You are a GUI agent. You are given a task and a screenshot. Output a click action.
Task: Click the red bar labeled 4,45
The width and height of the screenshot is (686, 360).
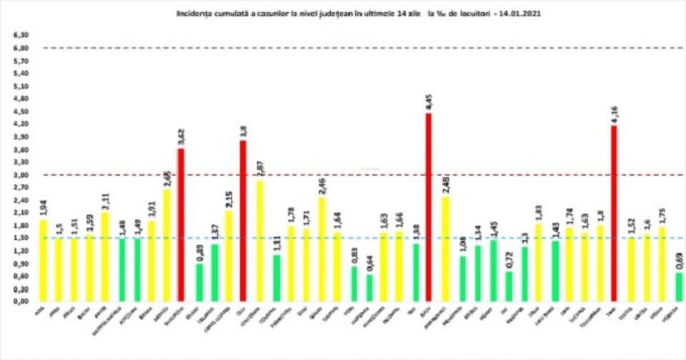coord(429,207)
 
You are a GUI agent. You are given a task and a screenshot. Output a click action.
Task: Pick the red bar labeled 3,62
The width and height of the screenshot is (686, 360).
coord(181,224)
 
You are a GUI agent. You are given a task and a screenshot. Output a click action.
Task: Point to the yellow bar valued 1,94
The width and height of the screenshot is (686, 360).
coord(42,260)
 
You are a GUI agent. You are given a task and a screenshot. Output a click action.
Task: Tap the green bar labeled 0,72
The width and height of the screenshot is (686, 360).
coord(508,286)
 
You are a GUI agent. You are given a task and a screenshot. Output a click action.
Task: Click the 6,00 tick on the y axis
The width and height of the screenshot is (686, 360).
coord(21,48)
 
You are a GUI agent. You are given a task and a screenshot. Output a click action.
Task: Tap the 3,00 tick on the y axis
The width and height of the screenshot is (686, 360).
coord(21,174)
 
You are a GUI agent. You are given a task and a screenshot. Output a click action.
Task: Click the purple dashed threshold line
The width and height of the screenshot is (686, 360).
coord(357,48)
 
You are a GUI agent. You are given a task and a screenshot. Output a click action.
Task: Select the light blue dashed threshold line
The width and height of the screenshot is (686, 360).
coord(357,238)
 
